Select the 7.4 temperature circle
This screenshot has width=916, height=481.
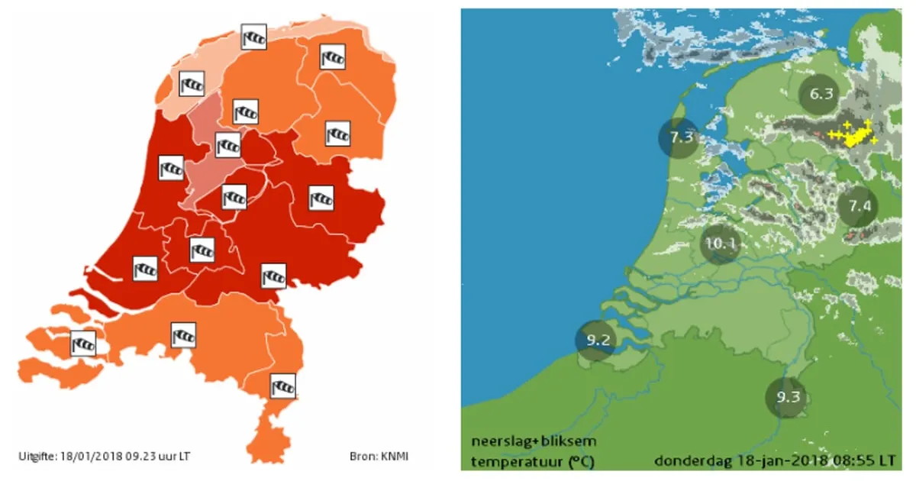859,206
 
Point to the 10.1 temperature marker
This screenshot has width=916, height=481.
721,244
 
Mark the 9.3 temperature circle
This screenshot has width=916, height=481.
787,397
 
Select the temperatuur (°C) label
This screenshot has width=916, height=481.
533,461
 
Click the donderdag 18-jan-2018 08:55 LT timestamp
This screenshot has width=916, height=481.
774,461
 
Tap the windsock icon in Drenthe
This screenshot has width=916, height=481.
337,133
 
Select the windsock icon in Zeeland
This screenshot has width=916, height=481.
82,343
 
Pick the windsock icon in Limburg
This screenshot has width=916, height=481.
283,386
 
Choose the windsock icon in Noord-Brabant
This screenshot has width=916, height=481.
183,334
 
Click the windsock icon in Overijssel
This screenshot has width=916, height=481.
321,199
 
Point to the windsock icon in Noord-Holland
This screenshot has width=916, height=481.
171,167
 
